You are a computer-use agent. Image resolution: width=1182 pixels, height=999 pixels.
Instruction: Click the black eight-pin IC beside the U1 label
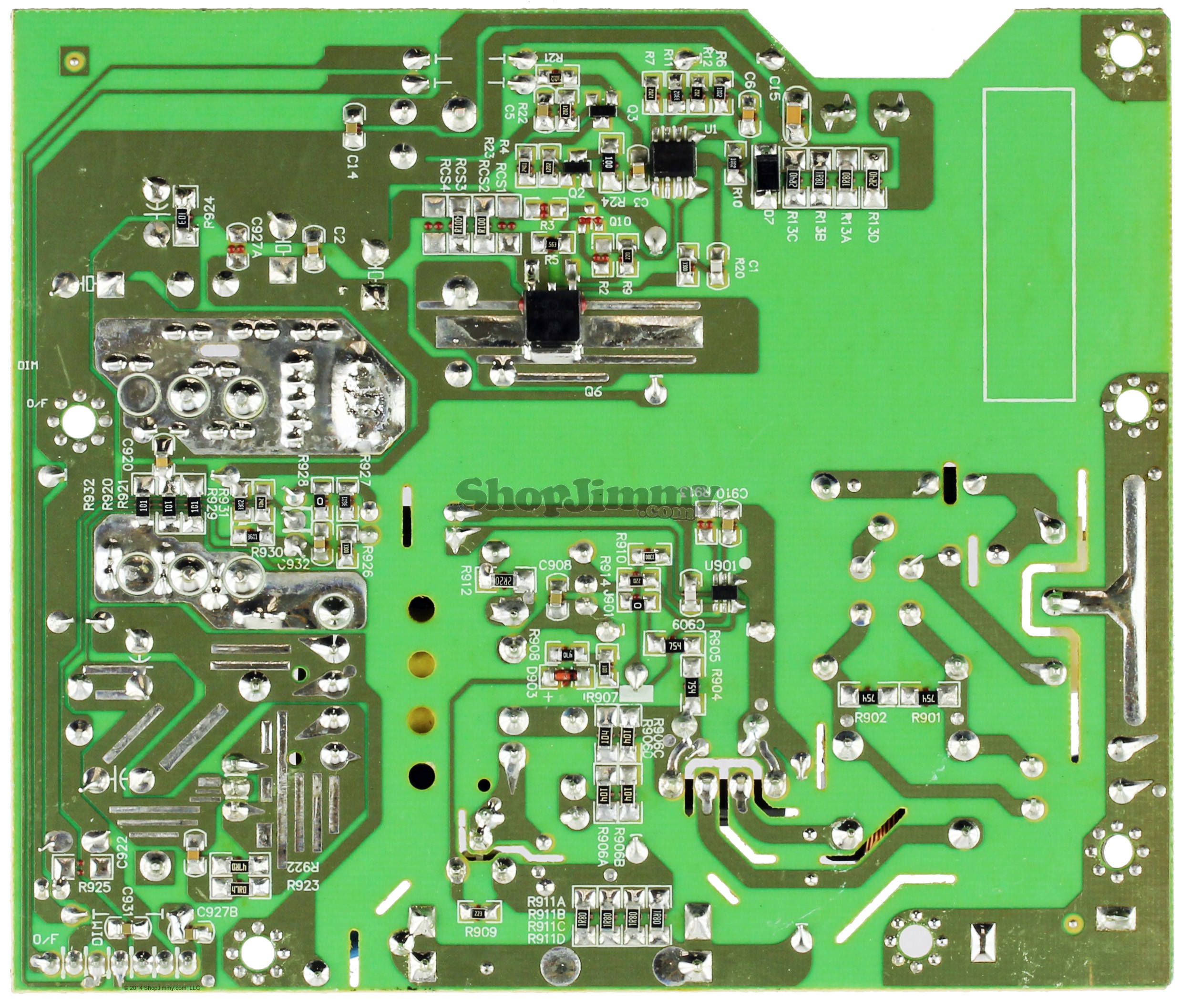tap(672, 161)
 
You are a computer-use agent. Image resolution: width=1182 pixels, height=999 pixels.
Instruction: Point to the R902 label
tap(855, 718)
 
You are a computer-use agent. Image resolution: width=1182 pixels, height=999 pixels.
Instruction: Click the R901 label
tap(925, 718)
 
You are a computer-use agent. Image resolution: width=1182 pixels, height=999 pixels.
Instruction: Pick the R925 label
tap(94, 887)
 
